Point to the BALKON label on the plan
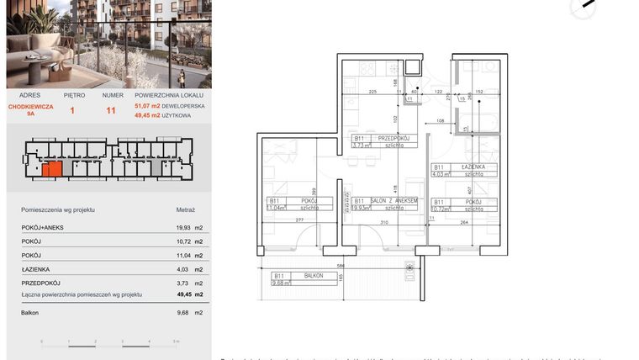313,276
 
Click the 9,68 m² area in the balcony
281,283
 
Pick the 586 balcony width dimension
340,267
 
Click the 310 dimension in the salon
383,222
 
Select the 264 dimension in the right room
462,222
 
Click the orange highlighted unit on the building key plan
52,169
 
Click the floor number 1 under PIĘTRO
72,110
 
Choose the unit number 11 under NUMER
111,110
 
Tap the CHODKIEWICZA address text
30,107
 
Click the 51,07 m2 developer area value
148,107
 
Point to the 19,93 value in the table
183,228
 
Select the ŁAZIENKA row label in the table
36,269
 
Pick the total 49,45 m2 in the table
185,295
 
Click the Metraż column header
185,209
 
